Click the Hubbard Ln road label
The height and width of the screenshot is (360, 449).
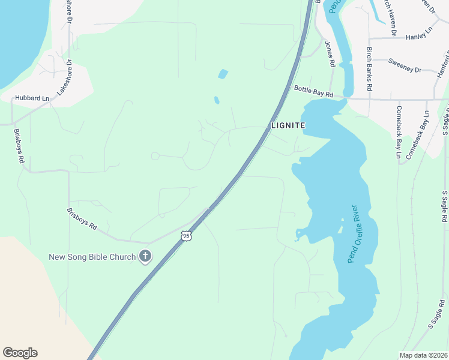32,98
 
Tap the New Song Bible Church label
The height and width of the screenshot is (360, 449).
92,257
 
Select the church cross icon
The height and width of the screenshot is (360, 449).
145,257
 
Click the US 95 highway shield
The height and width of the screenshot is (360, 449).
186,236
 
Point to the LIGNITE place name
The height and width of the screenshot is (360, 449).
288,125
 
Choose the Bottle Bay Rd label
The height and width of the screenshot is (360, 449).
313,91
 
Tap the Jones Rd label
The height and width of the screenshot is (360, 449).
329,54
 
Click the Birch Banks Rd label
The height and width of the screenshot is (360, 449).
370,69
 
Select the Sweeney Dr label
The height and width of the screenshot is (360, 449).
405,65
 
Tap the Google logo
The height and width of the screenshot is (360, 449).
20,353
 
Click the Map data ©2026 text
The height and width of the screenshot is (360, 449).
423,355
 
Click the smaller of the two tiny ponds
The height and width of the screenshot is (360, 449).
216,100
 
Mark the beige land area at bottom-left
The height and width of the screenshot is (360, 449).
30,300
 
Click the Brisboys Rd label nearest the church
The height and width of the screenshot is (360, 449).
82,219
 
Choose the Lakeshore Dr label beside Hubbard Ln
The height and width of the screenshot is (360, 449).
65,78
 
